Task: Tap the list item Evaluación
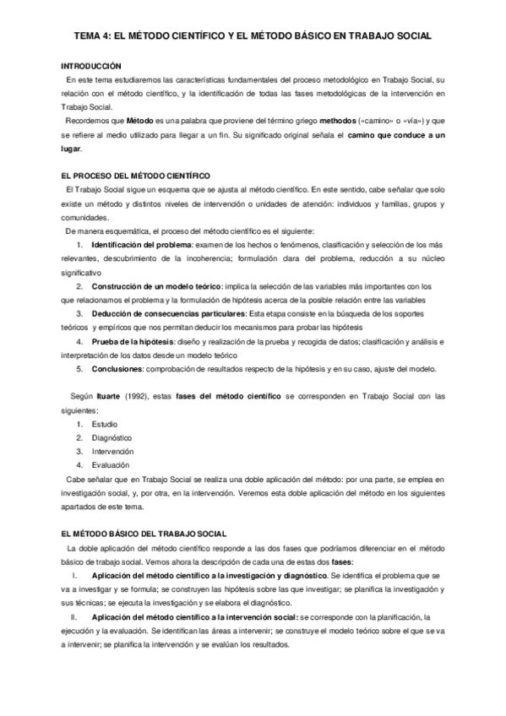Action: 111,464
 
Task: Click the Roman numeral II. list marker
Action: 73,617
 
